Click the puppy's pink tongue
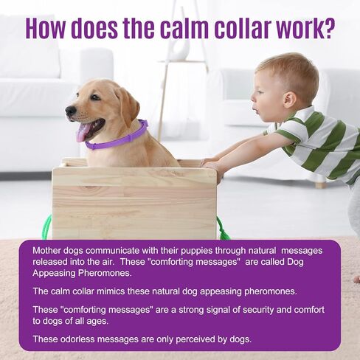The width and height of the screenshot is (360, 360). [83, 132]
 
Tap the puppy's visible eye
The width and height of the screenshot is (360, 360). [94, 97]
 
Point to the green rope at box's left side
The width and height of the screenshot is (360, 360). [48, 226]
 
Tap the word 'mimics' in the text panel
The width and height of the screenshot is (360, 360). [111, 291]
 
